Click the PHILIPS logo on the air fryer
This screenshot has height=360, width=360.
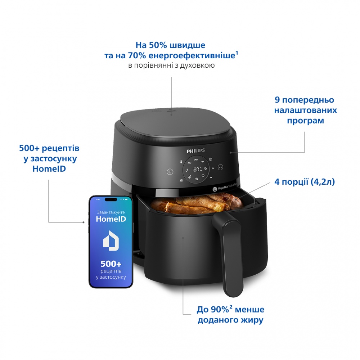(x=195, y=150)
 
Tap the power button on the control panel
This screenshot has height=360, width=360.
(x=170, y=172)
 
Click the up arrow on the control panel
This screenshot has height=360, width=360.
(x=212, y=168)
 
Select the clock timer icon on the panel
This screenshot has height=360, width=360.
(x=211, y=159)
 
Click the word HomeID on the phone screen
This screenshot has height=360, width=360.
(x=111, y=218)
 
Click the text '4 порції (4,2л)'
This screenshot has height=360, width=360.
(x=304, y=182)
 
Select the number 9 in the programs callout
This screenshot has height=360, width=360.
(x=277, y=100)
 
